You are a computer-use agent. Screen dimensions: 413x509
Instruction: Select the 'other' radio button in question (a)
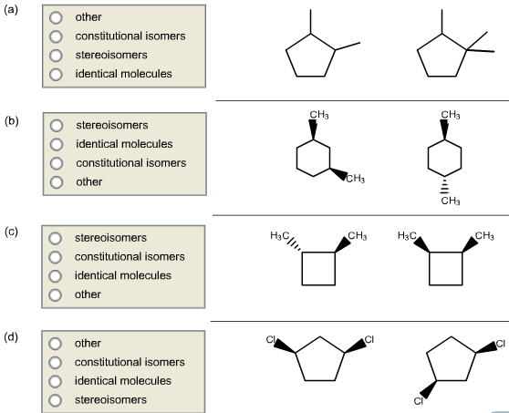coord(56,16)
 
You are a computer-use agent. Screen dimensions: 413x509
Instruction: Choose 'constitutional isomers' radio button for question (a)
coord(56,36)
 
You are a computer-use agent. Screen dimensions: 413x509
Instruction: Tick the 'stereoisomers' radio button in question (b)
coord(56,124)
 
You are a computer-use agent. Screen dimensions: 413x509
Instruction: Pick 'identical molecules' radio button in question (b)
coord(56,144)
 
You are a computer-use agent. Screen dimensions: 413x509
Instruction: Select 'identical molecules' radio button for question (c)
coord(56,275)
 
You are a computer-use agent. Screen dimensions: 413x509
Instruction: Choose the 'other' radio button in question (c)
coord(56,294)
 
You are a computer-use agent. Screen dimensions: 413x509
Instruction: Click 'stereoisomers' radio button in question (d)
coord(56,399)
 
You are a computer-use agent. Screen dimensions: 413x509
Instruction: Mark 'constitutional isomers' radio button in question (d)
coord(56,362)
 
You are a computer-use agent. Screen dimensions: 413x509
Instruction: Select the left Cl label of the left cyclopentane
coord(270,339)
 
